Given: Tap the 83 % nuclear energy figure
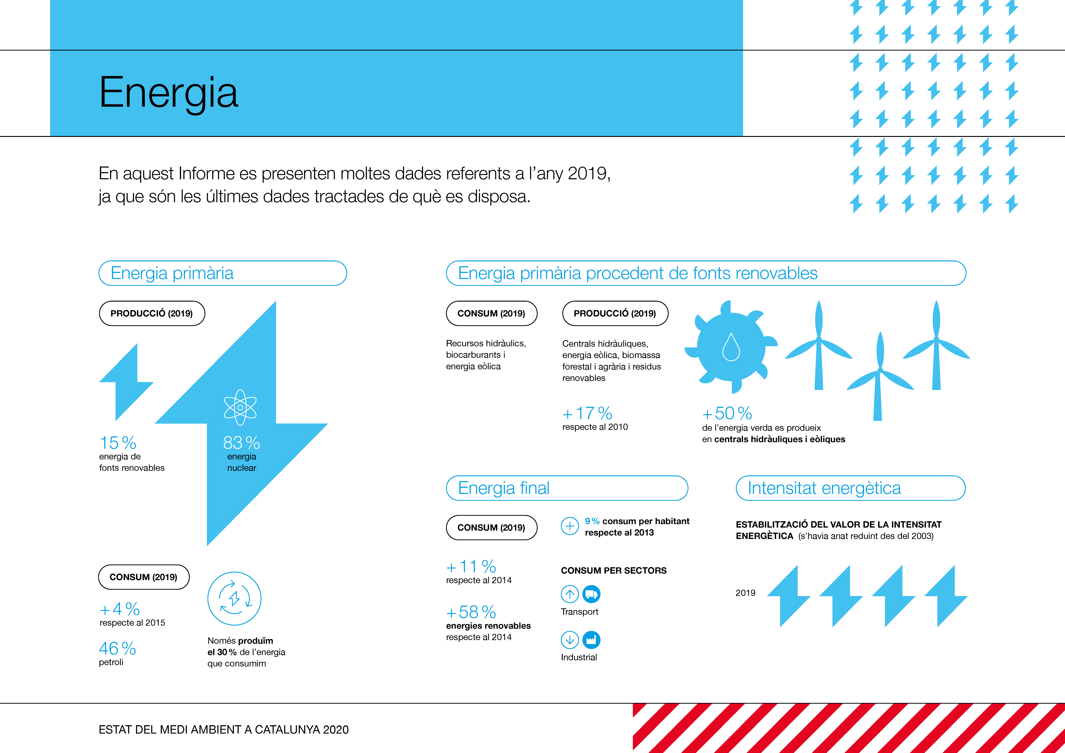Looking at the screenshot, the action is pos(241,443).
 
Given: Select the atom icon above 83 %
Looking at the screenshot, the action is pos(240,407).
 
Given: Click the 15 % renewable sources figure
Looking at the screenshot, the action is pos(118,443).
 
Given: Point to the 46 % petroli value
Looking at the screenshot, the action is pos(117,648).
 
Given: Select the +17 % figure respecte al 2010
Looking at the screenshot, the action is pos(587,413).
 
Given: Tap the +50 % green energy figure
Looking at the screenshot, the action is pos(727,413).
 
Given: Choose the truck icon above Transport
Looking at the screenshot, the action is pos(591,594).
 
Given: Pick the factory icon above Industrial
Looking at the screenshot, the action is pos(591,640).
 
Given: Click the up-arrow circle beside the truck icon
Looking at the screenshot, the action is pos(570,594).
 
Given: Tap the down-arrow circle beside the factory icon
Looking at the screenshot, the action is pos(570,640).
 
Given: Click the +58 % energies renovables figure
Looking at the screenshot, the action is pos(471,612).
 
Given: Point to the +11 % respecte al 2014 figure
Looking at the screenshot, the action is pos(471,566).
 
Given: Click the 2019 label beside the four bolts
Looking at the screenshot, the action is pos(745,593).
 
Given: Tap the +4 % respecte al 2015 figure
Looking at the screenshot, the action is pos(120,609).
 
